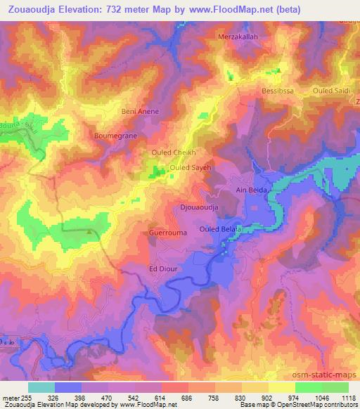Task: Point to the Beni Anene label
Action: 141,111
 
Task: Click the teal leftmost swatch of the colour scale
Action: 41,387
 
